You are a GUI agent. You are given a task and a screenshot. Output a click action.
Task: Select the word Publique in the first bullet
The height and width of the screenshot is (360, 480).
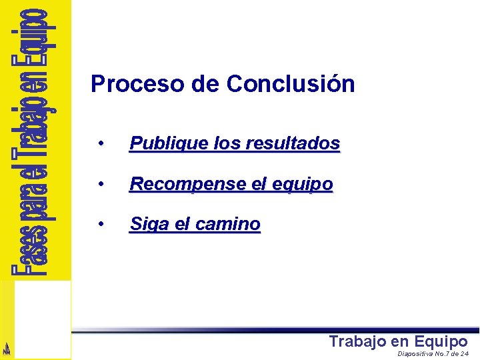(161, 143)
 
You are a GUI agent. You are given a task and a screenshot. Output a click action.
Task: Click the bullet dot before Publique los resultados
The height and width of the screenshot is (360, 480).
(99, 144)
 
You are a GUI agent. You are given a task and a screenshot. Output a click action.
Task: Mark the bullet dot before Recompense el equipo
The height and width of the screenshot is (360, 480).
(99, 184)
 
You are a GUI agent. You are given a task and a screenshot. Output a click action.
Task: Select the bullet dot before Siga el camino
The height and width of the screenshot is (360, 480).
(99, 225)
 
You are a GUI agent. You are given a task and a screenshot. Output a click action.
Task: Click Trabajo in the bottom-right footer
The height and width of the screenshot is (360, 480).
(357, 341)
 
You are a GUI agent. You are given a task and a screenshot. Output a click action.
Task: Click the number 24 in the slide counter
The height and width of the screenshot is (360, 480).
(464, 354)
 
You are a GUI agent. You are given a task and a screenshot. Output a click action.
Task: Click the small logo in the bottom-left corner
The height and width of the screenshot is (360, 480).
(7, 348)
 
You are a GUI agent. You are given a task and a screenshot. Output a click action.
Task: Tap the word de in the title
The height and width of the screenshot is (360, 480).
(208, 85)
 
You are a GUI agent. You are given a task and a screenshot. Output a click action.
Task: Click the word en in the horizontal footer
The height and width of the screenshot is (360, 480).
(400, 341)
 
